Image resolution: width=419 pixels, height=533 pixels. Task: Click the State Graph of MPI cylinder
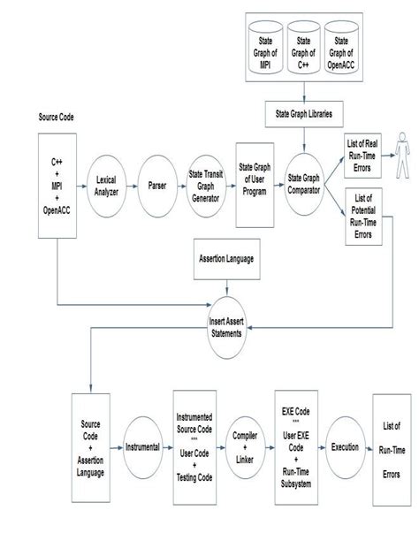click(x=263, y=49)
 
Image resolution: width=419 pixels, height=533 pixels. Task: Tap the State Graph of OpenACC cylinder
click(x=342, y=49)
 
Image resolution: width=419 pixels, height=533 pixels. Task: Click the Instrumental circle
click(x=142, y=447)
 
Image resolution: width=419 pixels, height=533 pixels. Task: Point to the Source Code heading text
click(x=59, y=117)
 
